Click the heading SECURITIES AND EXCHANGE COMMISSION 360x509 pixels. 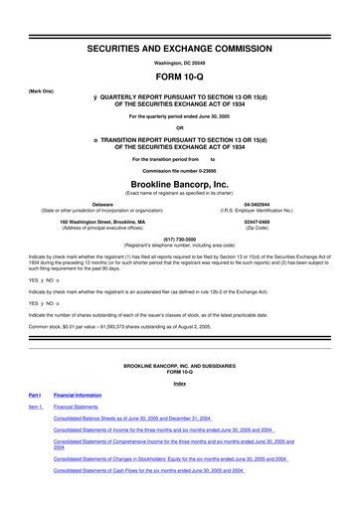point(179,20)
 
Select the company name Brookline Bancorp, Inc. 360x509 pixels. point(179,184)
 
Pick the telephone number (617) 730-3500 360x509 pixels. point(179,239)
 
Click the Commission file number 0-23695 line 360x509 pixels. point(179,170)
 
